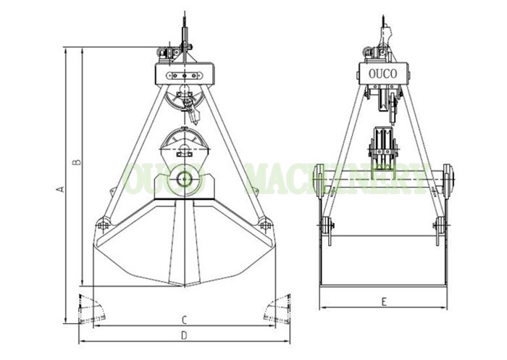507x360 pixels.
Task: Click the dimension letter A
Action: click(60, 189)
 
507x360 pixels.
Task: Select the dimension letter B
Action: click(77, 162)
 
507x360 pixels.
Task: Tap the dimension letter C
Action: click(184, 320)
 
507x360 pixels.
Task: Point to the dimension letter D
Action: click(184, 335)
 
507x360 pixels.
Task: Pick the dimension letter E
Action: click(384, 302)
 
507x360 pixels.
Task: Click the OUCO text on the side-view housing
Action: click(383, 74)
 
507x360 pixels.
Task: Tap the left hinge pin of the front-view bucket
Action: click(104, 225)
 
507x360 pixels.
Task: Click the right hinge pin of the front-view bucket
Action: click(265, 225)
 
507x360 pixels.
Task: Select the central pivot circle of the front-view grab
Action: click(185, 179)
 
